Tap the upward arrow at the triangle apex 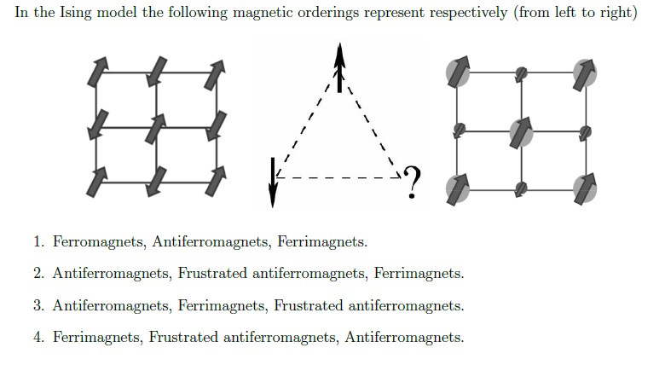point(340,67)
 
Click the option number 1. point(39,242)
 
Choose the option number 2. point(39,274)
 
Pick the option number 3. point(39,305)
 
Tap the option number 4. point(39,337)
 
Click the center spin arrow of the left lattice point(156,130)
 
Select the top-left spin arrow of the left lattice point(96,73)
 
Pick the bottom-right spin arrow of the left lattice point(216,181)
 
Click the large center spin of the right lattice point(520,131)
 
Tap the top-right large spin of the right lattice point(584,72)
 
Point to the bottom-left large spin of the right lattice point(458,188)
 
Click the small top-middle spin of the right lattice point(520,73)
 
